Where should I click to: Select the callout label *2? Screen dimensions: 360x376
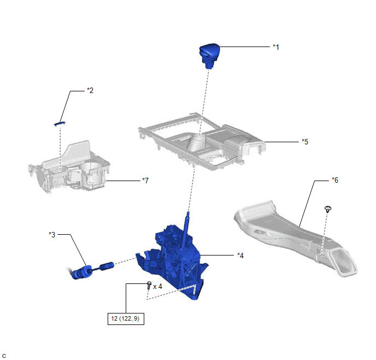click(x=90, y=90)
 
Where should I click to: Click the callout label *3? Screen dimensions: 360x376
click(x=52, y=235)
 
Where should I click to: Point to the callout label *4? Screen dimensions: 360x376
click(x=240, y=255)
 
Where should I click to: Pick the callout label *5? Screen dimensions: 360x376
click(x=305, y=141)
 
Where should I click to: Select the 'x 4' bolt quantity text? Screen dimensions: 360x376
click(x=158, y=286)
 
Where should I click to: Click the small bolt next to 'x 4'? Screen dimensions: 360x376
click(x=149, y=284)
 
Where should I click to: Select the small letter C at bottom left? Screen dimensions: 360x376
click(x=4, y=356)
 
